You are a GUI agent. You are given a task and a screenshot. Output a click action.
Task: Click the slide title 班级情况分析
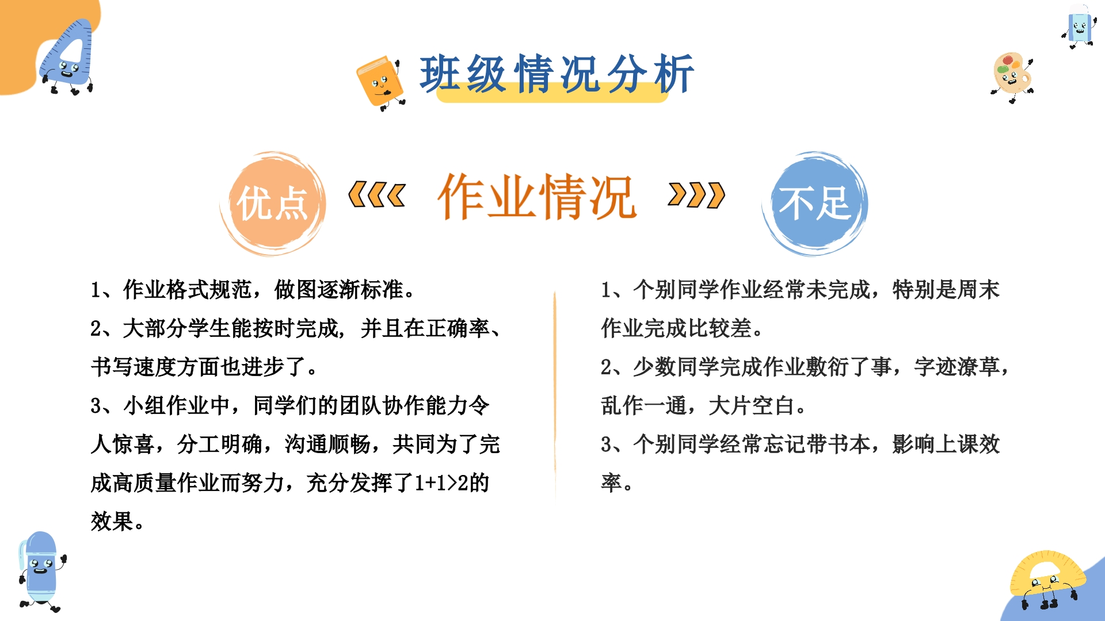coord(557,74)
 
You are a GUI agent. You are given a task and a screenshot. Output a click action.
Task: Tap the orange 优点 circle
coord(273,204)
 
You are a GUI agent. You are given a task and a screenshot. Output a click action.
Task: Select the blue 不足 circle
coord(815,204)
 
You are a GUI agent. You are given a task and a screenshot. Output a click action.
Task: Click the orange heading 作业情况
coord(537,197)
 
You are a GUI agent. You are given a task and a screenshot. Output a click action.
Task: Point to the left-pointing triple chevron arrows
coord(377,195)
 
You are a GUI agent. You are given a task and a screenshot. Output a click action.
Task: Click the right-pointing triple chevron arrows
coord(696,195)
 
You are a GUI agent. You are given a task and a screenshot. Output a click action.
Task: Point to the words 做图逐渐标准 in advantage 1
coord(338,290)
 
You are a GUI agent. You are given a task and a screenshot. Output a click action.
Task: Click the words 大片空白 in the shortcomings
coord(752,406)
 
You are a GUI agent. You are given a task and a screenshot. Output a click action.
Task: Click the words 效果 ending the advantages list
coord(112,522)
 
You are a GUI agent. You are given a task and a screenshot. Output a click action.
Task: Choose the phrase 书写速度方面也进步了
coord(199,367)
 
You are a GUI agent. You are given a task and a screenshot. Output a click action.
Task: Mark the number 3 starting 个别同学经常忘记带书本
coord(606,444)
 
